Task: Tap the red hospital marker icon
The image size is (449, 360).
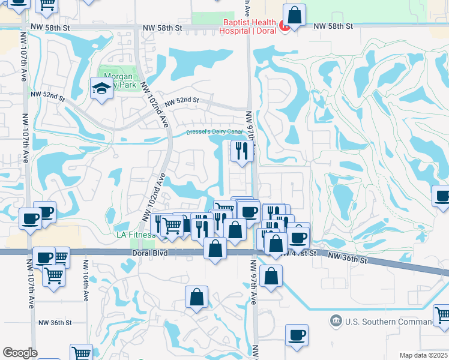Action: pyautogui.click(x=284, y=26)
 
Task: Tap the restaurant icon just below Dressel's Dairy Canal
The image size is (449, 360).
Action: pyautogui.click(x=242, y=151)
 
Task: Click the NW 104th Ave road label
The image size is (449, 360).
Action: pyautogui.click(x=86, y=279)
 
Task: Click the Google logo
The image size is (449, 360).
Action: pyautogui.click(x=20, y=353)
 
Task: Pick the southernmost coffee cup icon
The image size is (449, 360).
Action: pyautogui.click(x=296, y=335)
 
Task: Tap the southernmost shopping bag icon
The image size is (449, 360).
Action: pyautogui.click(x=196, y=296)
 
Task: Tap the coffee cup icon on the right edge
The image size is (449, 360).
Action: pyautogui.click(x=442, y=196)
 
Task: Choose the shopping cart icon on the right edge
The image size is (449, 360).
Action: pyautogui.click(x=442, y=314)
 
